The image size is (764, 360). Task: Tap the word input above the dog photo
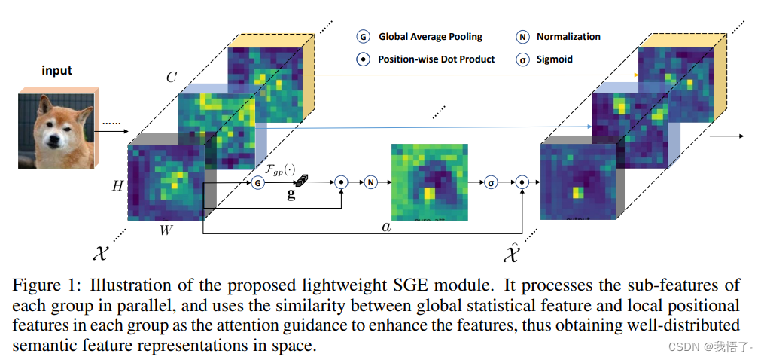(x=56, y=71)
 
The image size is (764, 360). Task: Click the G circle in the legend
(x=363, y=36)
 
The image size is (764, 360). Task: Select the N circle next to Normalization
(x=522, y=36)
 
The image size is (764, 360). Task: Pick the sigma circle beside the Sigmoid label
(x=522, y=59)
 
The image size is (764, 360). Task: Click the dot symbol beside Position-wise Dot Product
(x=363, y=59)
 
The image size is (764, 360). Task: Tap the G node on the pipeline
(x=258, y=182)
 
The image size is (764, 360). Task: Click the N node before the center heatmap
(x=370, y=182)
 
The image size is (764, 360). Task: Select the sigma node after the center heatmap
(x=492, y=182)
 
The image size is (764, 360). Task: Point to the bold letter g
(x=291, y=194)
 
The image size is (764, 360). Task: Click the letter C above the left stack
(x=172, y=77)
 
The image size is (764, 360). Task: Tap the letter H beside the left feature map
(x=117, y=186)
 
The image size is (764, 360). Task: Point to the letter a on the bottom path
(x=386, y=225)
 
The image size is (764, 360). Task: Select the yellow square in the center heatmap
(x=428, y=192)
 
